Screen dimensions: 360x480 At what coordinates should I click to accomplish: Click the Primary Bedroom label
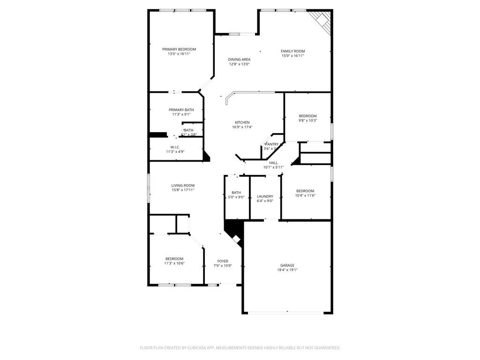pyautogui.click(x=179, y=49)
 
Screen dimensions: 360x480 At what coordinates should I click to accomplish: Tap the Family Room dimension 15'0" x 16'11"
pyautogui.click(x=292, y=56)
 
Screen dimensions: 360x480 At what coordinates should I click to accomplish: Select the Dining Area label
pyautogui.click(x=239, y=60)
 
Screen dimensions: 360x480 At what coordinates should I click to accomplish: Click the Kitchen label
pyautogui.click(x=242, y=122)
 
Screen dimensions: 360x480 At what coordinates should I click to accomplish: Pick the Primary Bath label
pyautogui.click(x=181, y=110)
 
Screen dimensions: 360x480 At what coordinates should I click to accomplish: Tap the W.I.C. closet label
pyautogui.click(x=175, y=147)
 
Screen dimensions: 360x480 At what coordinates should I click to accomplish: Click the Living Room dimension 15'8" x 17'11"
pyautogui.click(x=182, y=190)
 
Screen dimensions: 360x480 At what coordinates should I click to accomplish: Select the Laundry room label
pyautogui.click(x=265, y=196)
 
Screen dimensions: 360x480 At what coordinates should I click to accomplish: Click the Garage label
pyautogui.click(x=287, y=265)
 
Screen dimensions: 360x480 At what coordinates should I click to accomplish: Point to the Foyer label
pyautogui.click(x=223, y=261)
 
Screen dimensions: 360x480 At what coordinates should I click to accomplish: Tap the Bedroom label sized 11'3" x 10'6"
pyautogui.click(x=174, y=259)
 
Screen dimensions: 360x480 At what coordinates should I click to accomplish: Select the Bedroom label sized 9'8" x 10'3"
pyautogui.click(x=308, y=116)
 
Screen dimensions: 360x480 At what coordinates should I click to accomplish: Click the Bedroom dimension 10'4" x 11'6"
pyautogui.click(x=305, y=195)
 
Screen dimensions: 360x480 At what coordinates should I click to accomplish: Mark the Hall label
pyautogui.click(x=273, y=163)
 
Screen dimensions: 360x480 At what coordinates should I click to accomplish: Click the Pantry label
pyautogui.click(x=272, y=144)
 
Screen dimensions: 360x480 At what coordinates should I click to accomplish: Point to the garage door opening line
pyautogui.click(x=287, y=313)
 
